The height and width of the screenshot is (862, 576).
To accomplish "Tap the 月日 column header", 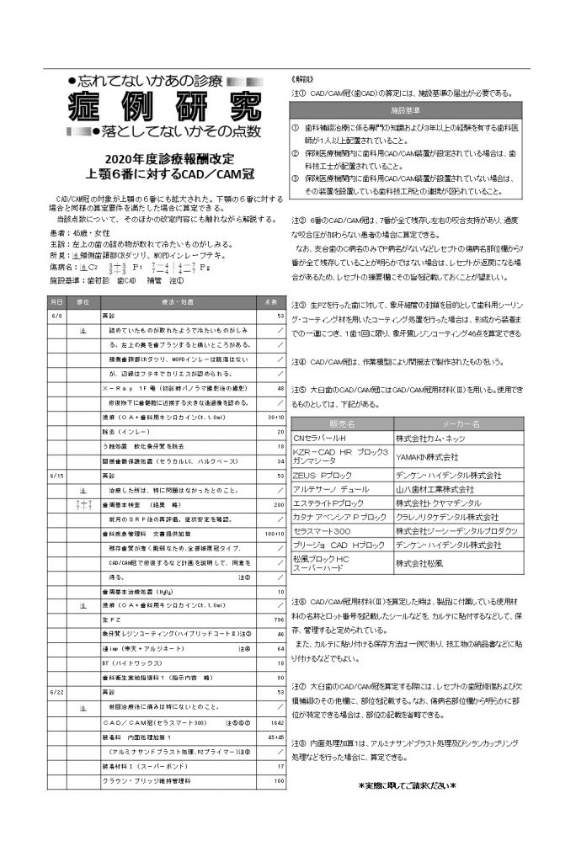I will (56, 301).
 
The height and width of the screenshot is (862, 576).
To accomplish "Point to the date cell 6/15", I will (56, 476).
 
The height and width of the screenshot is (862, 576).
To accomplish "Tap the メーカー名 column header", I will (460, 423).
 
